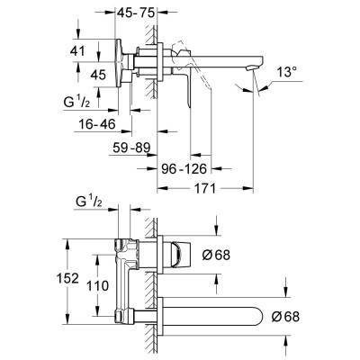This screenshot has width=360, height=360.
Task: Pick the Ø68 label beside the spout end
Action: [306, 315]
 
